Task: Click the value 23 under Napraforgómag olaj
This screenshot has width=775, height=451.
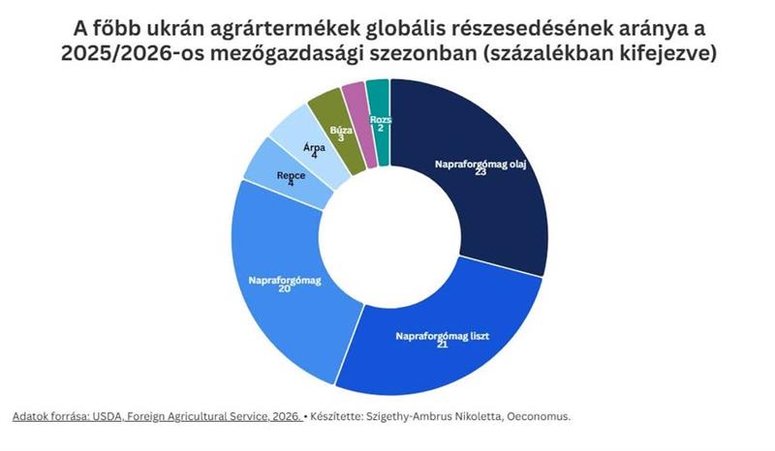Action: pyautogui.click(x=480, y=172)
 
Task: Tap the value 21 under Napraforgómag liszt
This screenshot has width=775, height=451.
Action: pyautogui.click(x=442, y=346)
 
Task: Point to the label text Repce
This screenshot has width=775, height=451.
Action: pyautogui.click(x=291, y=174)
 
